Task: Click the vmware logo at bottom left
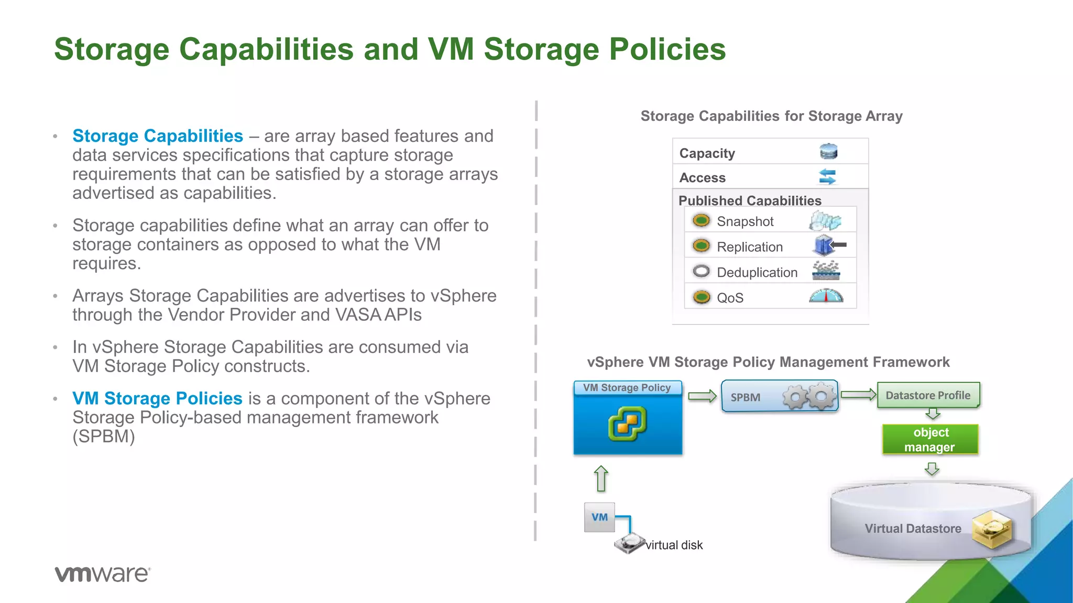[x=102, y=574]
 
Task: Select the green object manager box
[x=930, y=439]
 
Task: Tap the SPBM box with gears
[x=779, y=397]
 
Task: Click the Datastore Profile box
[x=928, y=395]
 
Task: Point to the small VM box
[x=599, y=517]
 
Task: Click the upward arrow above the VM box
[x=601, y=478]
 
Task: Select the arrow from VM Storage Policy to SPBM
[x=702, y=396]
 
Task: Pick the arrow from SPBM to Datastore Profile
[x=858, y=394]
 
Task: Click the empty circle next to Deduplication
[x=701, y=271]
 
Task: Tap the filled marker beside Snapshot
[x=701, y=220]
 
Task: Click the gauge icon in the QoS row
[x=826, y=296]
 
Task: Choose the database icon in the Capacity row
[x=828, y=152]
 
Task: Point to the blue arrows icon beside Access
[x=827, y=177]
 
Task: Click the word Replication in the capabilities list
[x=749, y=247]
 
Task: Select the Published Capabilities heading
[x=749, y=200]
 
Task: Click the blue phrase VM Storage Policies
[x=157, y=398]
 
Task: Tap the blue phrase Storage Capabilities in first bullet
[x=157, y=136]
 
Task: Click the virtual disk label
[x=674, y=545]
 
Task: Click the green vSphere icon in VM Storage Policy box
[x=627, y=423]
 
